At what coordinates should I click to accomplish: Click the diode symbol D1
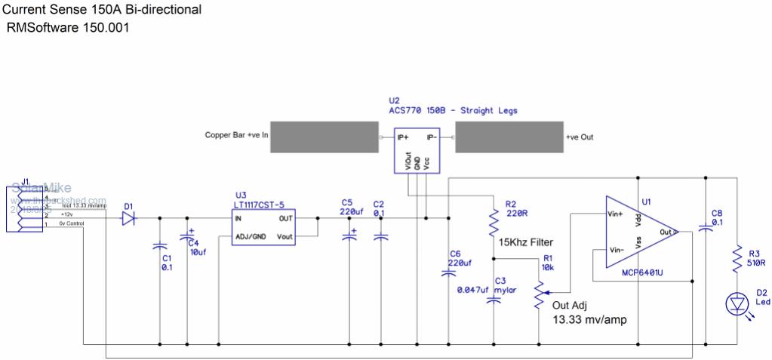coord(129,219)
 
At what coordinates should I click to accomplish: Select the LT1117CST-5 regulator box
coord(263,226)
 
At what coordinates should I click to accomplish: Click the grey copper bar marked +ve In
coord(324,137)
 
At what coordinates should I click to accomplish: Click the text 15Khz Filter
coord(526,242)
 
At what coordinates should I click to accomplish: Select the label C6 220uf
coord(460,258)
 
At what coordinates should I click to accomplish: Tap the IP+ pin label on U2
coord(403,137)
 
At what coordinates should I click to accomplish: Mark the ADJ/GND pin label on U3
coord(251,236)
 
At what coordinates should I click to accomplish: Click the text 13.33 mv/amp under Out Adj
coord(589,319)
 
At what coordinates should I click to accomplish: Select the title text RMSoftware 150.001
coord(69,28)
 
